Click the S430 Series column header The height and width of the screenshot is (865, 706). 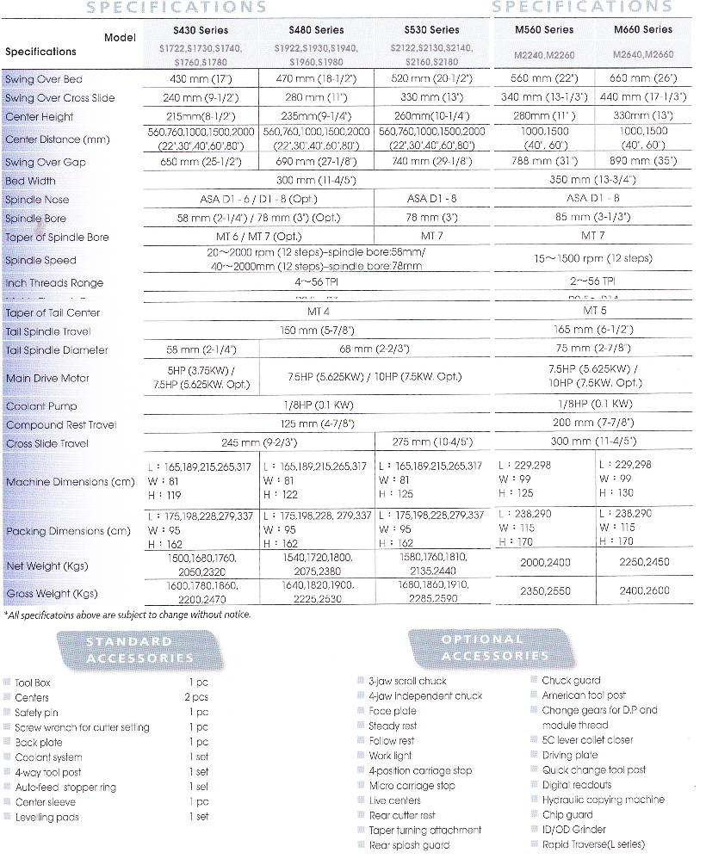pos(201,30)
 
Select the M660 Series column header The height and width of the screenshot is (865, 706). pos(643,30)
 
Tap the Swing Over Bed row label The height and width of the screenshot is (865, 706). pos(44,80)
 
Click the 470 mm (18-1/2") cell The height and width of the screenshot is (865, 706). pos(317,79)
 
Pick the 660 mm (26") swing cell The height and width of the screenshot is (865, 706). pos(643,79)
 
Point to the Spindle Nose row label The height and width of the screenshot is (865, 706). pos(37,200)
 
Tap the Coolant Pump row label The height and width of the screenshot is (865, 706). pos(40,406)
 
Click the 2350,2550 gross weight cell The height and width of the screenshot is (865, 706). pos(546,592)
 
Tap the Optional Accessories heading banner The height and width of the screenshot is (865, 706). pos(482,648)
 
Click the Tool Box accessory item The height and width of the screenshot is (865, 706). pos(33,683)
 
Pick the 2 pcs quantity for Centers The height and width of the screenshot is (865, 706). pos(195,697)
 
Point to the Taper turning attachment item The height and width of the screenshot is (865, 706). pos(424,830)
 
